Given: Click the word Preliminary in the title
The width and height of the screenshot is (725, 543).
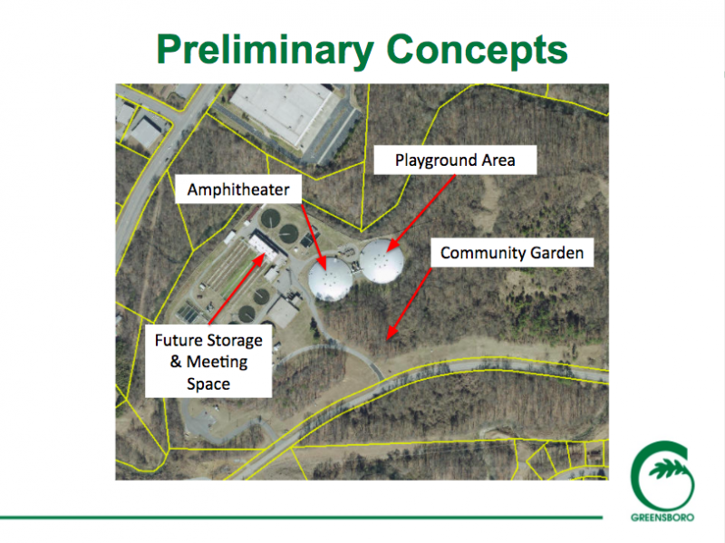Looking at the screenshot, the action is (265, 51).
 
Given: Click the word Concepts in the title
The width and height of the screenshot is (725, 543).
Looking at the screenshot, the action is (477, 50).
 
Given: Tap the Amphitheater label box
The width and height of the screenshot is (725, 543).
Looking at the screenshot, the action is (238, 189).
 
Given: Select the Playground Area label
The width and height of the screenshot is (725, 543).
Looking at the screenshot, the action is (455, 160).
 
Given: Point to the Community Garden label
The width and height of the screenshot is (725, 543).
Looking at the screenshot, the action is (512, 253).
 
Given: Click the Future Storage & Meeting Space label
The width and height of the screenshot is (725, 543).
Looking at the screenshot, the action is (208, 361).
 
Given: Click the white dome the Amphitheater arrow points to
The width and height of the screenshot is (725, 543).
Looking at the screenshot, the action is (330, 279).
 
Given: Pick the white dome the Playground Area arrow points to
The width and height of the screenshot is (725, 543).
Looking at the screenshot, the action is (381, 261).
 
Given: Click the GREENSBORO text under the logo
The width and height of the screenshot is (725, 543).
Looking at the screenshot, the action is (662, 517).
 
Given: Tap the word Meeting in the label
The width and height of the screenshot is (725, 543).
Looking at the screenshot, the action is (217, 363).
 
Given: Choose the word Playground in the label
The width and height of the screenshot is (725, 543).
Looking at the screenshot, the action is (436, 161).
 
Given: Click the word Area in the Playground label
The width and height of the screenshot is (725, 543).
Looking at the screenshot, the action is (498, 160).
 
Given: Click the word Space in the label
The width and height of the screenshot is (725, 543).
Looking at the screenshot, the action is (208, 384).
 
